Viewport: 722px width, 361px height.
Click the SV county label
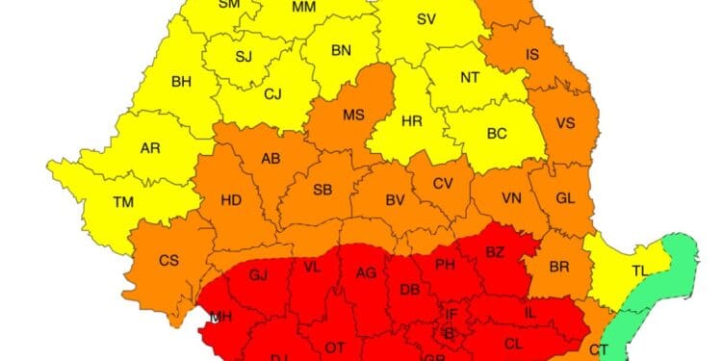(425, 20)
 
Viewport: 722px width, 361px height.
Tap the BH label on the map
(181, 82)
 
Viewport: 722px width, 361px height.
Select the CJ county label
(272, 93)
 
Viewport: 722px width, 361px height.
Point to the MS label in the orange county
(353, 116)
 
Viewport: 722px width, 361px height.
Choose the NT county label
(469, 78)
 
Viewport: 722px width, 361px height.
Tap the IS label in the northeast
(531, 55)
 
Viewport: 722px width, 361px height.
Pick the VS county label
(565, 122)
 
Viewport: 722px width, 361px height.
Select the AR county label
(150, 149)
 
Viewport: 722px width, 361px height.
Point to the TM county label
(123, 202)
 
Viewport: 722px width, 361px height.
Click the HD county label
(231, 201)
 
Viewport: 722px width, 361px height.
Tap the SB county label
(322, 190)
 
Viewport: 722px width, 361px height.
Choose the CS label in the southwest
(168, 260)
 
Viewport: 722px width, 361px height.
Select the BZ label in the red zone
(495, 253)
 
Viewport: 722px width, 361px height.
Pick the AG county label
(366, 273)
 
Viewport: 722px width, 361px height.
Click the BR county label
(558, 266)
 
